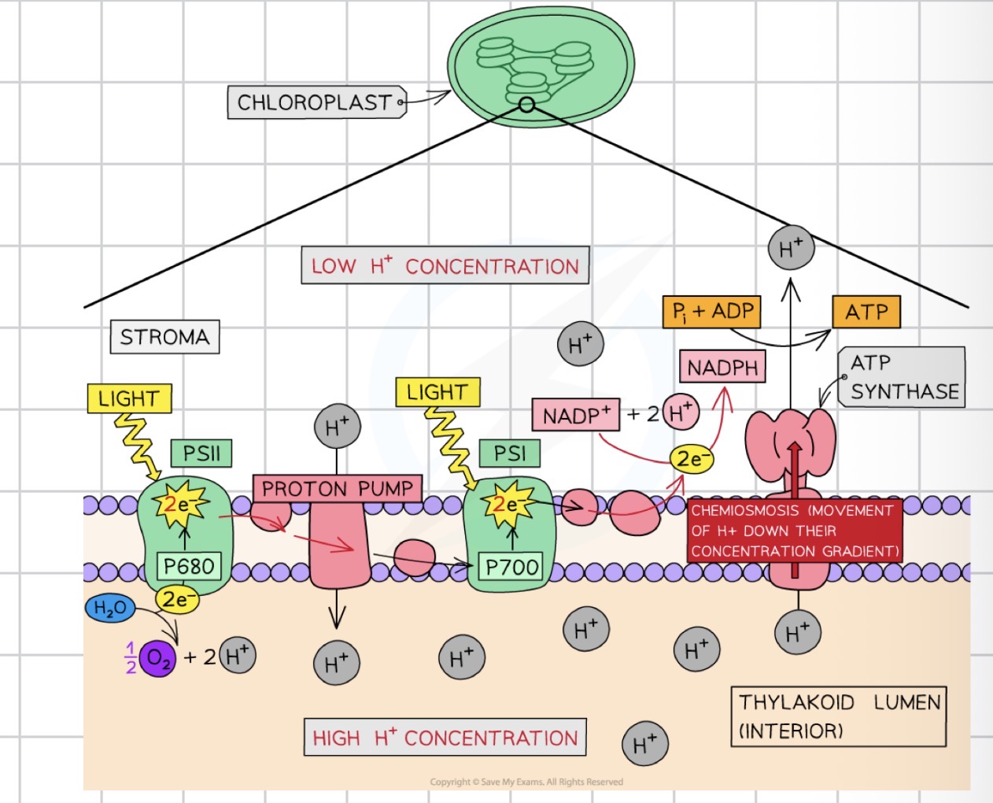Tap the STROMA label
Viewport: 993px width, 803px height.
[164, 337]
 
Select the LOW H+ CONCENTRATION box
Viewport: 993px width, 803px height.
[445, 266]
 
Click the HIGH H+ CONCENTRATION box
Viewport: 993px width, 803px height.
[445, 738]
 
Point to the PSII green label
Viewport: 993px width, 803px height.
[201, 453]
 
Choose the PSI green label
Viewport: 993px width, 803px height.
[510, 453]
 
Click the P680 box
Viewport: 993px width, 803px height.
[189, 566]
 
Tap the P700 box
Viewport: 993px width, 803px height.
[512, 567]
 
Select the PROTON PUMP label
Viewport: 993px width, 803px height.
[337, 489]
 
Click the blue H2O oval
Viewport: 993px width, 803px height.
[110, 609]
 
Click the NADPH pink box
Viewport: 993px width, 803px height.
[722, 368]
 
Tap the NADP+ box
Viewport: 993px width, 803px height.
[576, 415]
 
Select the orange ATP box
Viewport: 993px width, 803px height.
[866, 312]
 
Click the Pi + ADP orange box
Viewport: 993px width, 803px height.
[712, 312]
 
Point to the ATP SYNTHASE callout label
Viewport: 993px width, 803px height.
[903, 377]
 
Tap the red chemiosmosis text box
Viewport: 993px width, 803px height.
[794, 531]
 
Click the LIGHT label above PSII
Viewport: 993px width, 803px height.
[129, 398]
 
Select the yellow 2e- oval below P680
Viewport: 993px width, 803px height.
[177, 600]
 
